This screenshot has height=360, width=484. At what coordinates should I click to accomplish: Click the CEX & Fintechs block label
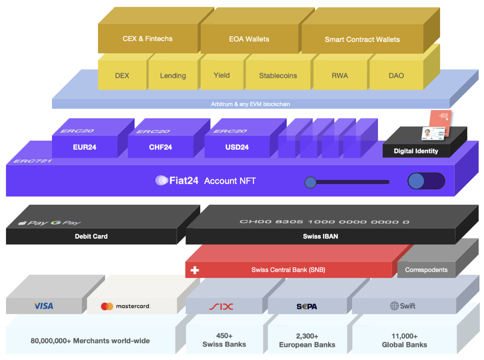(147, 39)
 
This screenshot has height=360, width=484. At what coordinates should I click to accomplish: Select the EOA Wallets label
(249, 39)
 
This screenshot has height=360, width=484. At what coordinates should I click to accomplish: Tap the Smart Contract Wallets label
(362, 39)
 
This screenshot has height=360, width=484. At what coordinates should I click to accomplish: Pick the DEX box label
(122, 76)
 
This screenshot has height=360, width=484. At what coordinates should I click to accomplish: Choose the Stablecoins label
(278, 76)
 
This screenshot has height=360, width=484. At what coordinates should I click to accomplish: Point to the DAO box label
(396, 76)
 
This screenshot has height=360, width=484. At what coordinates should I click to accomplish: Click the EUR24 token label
(85, 147)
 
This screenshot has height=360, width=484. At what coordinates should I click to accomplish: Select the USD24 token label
(237, 147)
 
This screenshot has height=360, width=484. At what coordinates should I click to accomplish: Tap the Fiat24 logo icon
(162, 180)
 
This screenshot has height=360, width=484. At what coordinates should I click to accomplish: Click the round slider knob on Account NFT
(310, 182)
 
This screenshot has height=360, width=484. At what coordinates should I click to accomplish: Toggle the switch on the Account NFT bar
(426, 181)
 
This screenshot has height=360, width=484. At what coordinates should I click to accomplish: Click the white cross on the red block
(195, 270)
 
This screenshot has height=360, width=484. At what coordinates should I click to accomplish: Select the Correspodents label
(426, 270)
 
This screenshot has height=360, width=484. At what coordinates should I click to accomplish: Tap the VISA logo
(44, 306)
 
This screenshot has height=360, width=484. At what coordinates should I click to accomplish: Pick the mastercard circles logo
(107, 306)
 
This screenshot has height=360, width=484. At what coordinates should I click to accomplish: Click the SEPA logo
(307, 306)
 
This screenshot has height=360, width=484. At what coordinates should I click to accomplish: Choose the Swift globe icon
(394, 306)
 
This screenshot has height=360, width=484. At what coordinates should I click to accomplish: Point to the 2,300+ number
(307, 336)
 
